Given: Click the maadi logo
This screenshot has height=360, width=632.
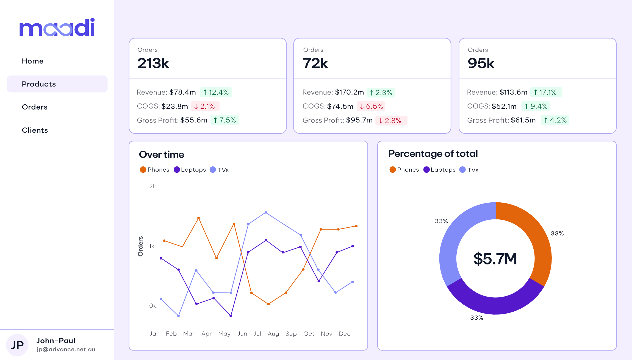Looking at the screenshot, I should click(x=57, y=27).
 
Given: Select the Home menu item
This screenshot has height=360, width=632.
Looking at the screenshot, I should click(x=33, y=61).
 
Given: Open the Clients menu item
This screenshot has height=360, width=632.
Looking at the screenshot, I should click(x=35, y=130).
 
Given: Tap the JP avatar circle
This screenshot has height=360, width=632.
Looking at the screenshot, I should click(x=17, y=345).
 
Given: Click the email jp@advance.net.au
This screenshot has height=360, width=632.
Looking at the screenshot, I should click(x=66, y=349).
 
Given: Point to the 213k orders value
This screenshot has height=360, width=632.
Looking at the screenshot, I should click(x=153, y=63).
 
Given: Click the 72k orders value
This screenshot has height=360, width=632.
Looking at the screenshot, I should click(x=315, y=63).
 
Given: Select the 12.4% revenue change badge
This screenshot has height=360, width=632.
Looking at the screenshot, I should click(x=216, y=92).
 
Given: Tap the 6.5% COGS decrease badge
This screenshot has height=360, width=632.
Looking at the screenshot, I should click(x=371, y=106).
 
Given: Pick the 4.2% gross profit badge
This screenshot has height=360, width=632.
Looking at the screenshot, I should click(x=555, y=120).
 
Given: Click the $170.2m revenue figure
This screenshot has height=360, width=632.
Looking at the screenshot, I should click(x=349, y=92).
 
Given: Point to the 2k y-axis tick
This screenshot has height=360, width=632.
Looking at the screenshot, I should click(x=153, y=186).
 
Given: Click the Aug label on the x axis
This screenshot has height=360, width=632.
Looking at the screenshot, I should click(x=273, y=334).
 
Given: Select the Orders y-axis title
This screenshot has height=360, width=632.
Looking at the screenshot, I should click(x=140, y=246).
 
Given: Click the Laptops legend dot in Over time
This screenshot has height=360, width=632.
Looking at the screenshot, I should click(x=177, y=170).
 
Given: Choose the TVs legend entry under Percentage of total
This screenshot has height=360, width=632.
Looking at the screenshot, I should click(x=469, y=170).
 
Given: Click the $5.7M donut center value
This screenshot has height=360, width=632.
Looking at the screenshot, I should click(x=495, y=259).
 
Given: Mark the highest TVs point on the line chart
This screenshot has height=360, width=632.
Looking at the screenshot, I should click(x=266, y=212).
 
